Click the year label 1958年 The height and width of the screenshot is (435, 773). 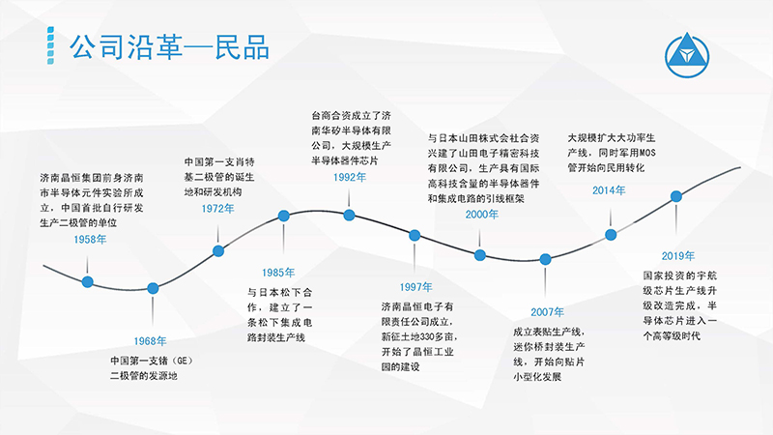coord(90,240)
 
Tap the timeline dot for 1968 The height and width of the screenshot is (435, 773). coord(153,288)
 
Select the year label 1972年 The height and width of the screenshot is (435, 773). coord(218,209)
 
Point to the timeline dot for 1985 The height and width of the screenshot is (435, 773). coord(283,216)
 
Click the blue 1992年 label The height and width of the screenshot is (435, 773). coord(350,177)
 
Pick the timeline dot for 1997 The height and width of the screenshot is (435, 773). coord(415,236)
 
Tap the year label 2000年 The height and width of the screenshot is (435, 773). coord(481,214)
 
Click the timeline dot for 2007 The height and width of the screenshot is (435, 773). coord(545,259)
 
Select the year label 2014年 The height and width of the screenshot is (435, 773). coord(609,190)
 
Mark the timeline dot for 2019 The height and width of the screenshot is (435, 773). coord(675,196)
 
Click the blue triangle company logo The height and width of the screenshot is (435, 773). coord(687,55)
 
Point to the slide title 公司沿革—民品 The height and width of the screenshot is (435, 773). coord(169,46)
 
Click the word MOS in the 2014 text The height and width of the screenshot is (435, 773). coord(646,153)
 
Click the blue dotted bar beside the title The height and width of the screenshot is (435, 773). coord(50,45)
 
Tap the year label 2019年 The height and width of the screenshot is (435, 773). coord(678,256)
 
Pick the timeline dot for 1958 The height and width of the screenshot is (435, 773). coord(87,281)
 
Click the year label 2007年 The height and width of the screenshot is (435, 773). coord(547,312)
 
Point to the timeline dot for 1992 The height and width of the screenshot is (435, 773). coord(349,215)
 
